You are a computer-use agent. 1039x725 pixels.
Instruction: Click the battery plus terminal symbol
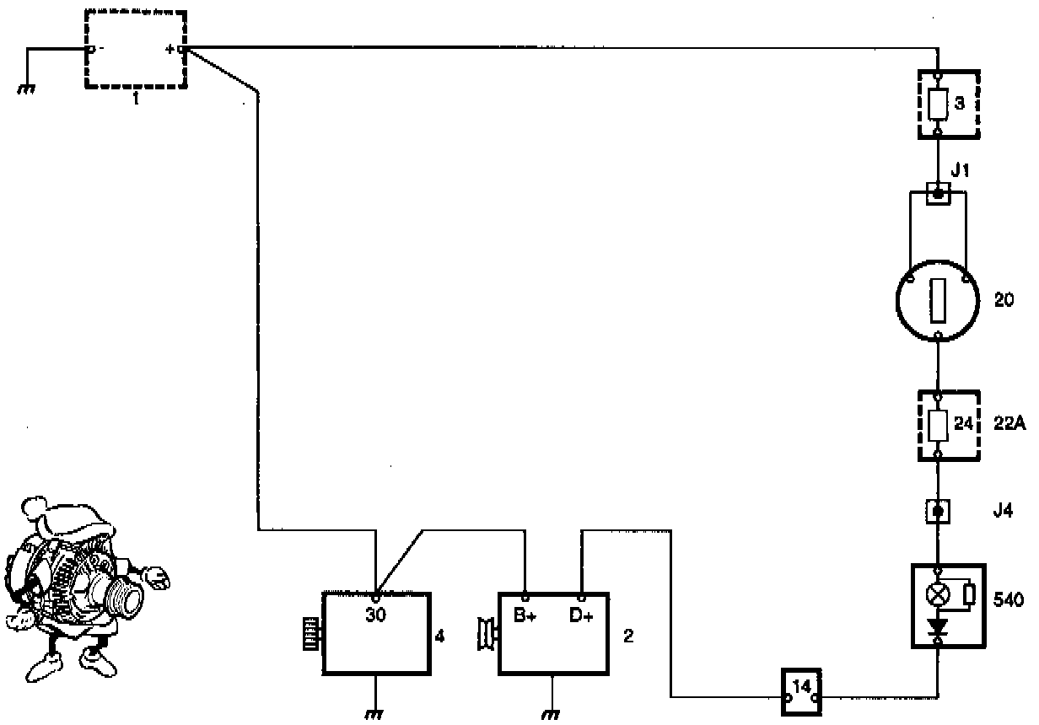tap(171, 50)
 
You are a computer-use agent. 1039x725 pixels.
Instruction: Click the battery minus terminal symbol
tap(100, 50)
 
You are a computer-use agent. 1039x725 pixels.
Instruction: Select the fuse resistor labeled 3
tap(938, 104)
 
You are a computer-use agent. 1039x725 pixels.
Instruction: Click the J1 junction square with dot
tap(938, 193)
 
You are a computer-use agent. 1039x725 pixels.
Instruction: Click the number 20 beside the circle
tap(1004, 299)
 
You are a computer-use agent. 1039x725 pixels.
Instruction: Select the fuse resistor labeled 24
tap(938, 426)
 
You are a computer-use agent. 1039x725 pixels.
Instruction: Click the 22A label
tap(1009, 425)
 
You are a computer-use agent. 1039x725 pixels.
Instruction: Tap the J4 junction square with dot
tap(938, 510)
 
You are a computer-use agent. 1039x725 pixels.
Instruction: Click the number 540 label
tap(1009, 600)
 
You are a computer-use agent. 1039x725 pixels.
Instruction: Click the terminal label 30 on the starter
tap(375, 615)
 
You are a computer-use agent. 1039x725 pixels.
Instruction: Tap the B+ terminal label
tap(525, 615)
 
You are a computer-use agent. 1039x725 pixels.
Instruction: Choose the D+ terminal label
tap(581, 615)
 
